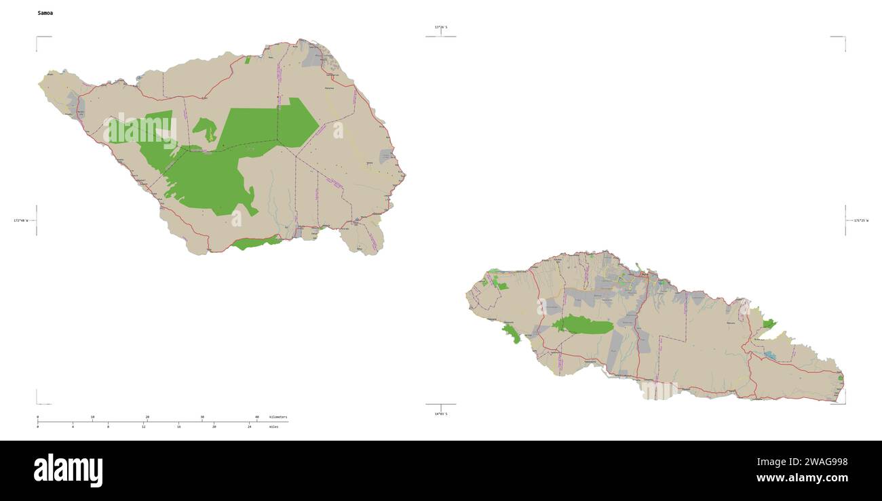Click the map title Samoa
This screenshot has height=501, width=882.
tap(45, 13)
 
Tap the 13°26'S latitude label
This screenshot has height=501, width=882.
tap(441, 27)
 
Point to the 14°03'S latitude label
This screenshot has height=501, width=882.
tap(441, 414)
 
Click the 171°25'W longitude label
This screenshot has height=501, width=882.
tap(860, 220)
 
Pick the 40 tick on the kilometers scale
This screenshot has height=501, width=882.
tap(256, 417)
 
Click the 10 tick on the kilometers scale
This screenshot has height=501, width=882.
tap(92, 417)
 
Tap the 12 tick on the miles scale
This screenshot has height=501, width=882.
tap(144, 426)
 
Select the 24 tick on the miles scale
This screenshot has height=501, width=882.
tap(249, 426)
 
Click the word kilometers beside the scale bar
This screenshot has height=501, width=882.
tap(278, 417)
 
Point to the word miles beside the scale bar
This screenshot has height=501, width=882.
tap(273, 426)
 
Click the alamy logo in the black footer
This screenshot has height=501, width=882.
tap(68, 470)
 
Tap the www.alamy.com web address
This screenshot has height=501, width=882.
tap(802, 478)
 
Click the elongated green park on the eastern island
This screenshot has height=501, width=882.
tap(583, 325)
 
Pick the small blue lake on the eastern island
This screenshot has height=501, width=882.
tap(769, 354)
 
